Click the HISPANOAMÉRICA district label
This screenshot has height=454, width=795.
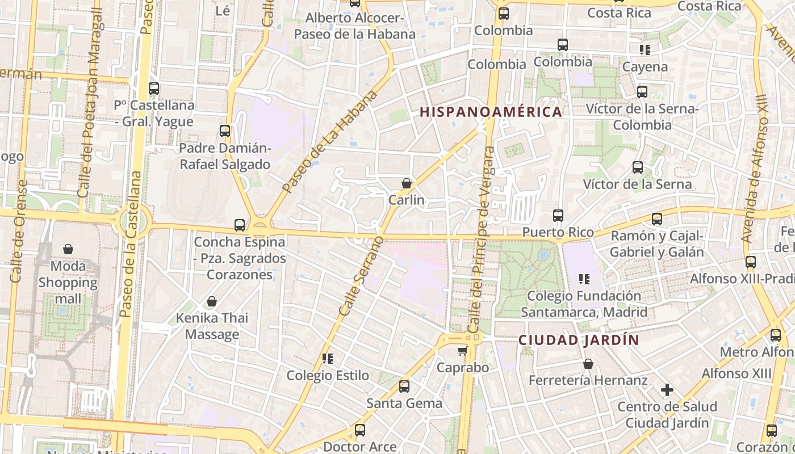[x=491, y=112]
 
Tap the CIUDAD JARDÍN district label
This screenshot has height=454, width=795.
[x=579, y=340]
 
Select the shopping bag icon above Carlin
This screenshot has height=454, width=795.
[x=407, y=183]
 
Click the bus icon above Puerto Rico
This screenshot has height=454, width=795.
[x=558, y=216]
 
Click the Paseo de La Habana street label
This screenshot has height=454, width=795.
[x=329, y=141]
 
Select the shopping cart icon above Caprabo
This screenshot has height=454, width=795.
[x=462, y=351]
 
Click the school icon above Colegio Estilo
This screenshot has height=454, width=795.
[x=327, y=359]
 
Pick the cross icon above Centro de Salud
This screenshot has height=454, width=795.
[x=667, y=390]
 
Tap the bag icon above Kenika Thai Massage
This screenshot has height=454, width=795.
[x=212, y=301]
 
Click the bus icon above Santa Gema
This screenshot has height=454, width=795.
[x=404, y=386]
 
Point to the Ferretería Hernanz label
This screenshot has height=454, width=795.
[x=588, y=380]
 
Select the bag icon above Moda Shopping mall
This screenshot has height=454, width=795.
[x=68, y=249]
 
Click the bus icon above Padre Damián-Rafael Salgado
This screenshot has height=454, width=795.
[x=225, y=131]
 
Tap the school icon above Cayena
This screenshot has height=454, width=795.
[x=645, y=50]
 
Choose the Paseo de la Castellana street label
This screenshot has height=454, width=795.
[x=131, y=244]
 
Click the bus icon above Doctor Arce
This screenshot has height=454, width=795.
[x=359, y=430]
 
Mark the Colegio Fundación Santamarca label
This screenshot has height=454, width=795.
[x=584, y=304]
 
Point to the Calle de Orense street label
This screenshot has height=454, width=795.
[x=18, y=231]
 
